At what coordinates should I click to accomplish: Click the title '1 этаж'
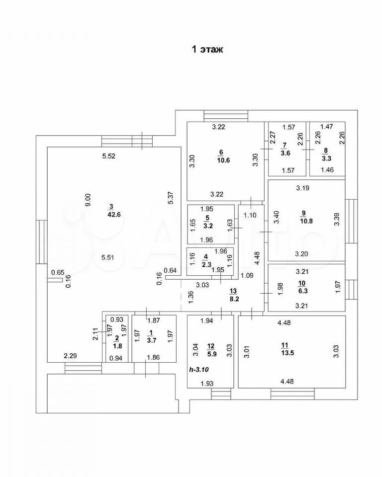[207, 49]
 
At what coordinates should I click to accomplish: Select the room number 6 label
[221, 152]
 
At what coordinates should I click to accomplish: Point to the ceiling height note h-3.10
[200, 370]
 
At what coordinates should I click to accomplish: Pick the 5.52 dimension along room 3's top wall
[108, 157]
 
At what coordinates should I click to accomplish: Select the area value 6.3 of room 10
[303, 292]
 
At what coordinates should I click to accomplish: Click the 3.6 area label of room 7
[286, 153]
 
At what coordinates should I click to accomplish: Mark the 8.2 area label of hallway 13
[233, 300]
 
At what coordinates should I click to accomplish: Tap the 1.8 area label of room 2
[116, 346]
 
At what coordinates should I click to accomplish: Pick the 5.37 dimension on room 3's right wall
[171, 198]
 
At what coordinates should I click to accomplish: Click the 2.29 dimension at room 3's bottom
[70, 356]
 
